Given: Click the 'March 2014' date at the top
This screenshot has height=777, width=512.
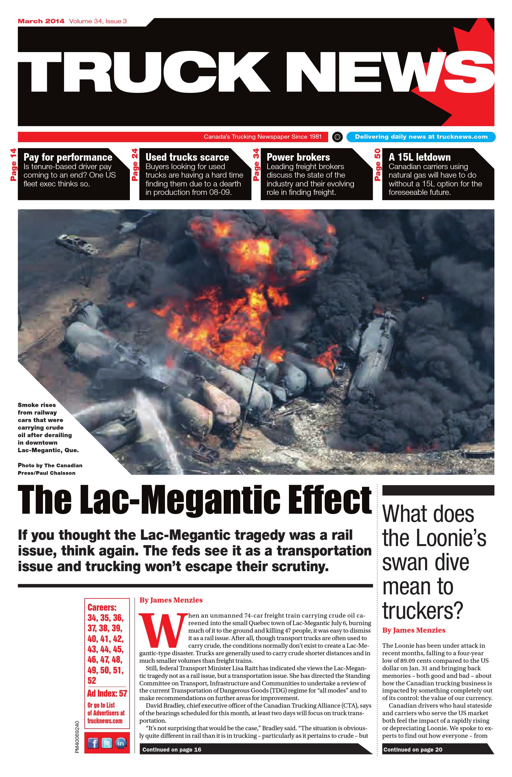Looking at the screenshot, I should [41, 22].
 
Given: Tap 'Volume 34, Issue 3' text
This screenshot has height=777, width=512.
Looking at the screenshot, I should [98, 22].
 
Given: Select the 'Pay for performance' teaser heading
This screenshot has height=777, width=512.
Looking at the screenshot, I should [68, 157].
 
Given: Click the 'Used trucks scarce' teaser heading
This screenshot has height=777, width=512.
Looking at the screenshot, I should [187, 157].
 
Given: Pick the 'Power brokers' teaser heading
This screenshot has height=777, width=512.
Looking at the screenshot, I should [298, 157].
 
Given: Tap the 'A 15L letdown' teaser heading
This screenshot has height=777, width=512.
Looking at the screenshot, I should [419, 157].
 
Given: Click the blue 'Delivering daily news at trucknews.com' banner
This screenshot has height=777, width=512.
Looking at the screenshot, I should [421, 137].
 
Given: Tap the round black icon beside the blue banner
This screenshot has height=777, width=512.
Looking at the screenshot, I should [337, 137].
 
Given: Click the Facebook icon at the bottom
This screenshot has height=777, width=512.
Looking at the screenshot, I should [93, 744].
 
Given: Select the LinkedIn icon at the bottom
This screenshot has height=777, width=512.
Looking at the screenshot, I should [121, 744].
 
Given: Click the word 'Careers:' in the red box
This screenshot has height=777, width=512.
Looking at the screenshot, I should [102, 608].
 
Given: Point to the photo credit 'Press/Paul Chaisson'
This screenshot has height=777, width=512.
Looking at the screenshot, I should [46, 473].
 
